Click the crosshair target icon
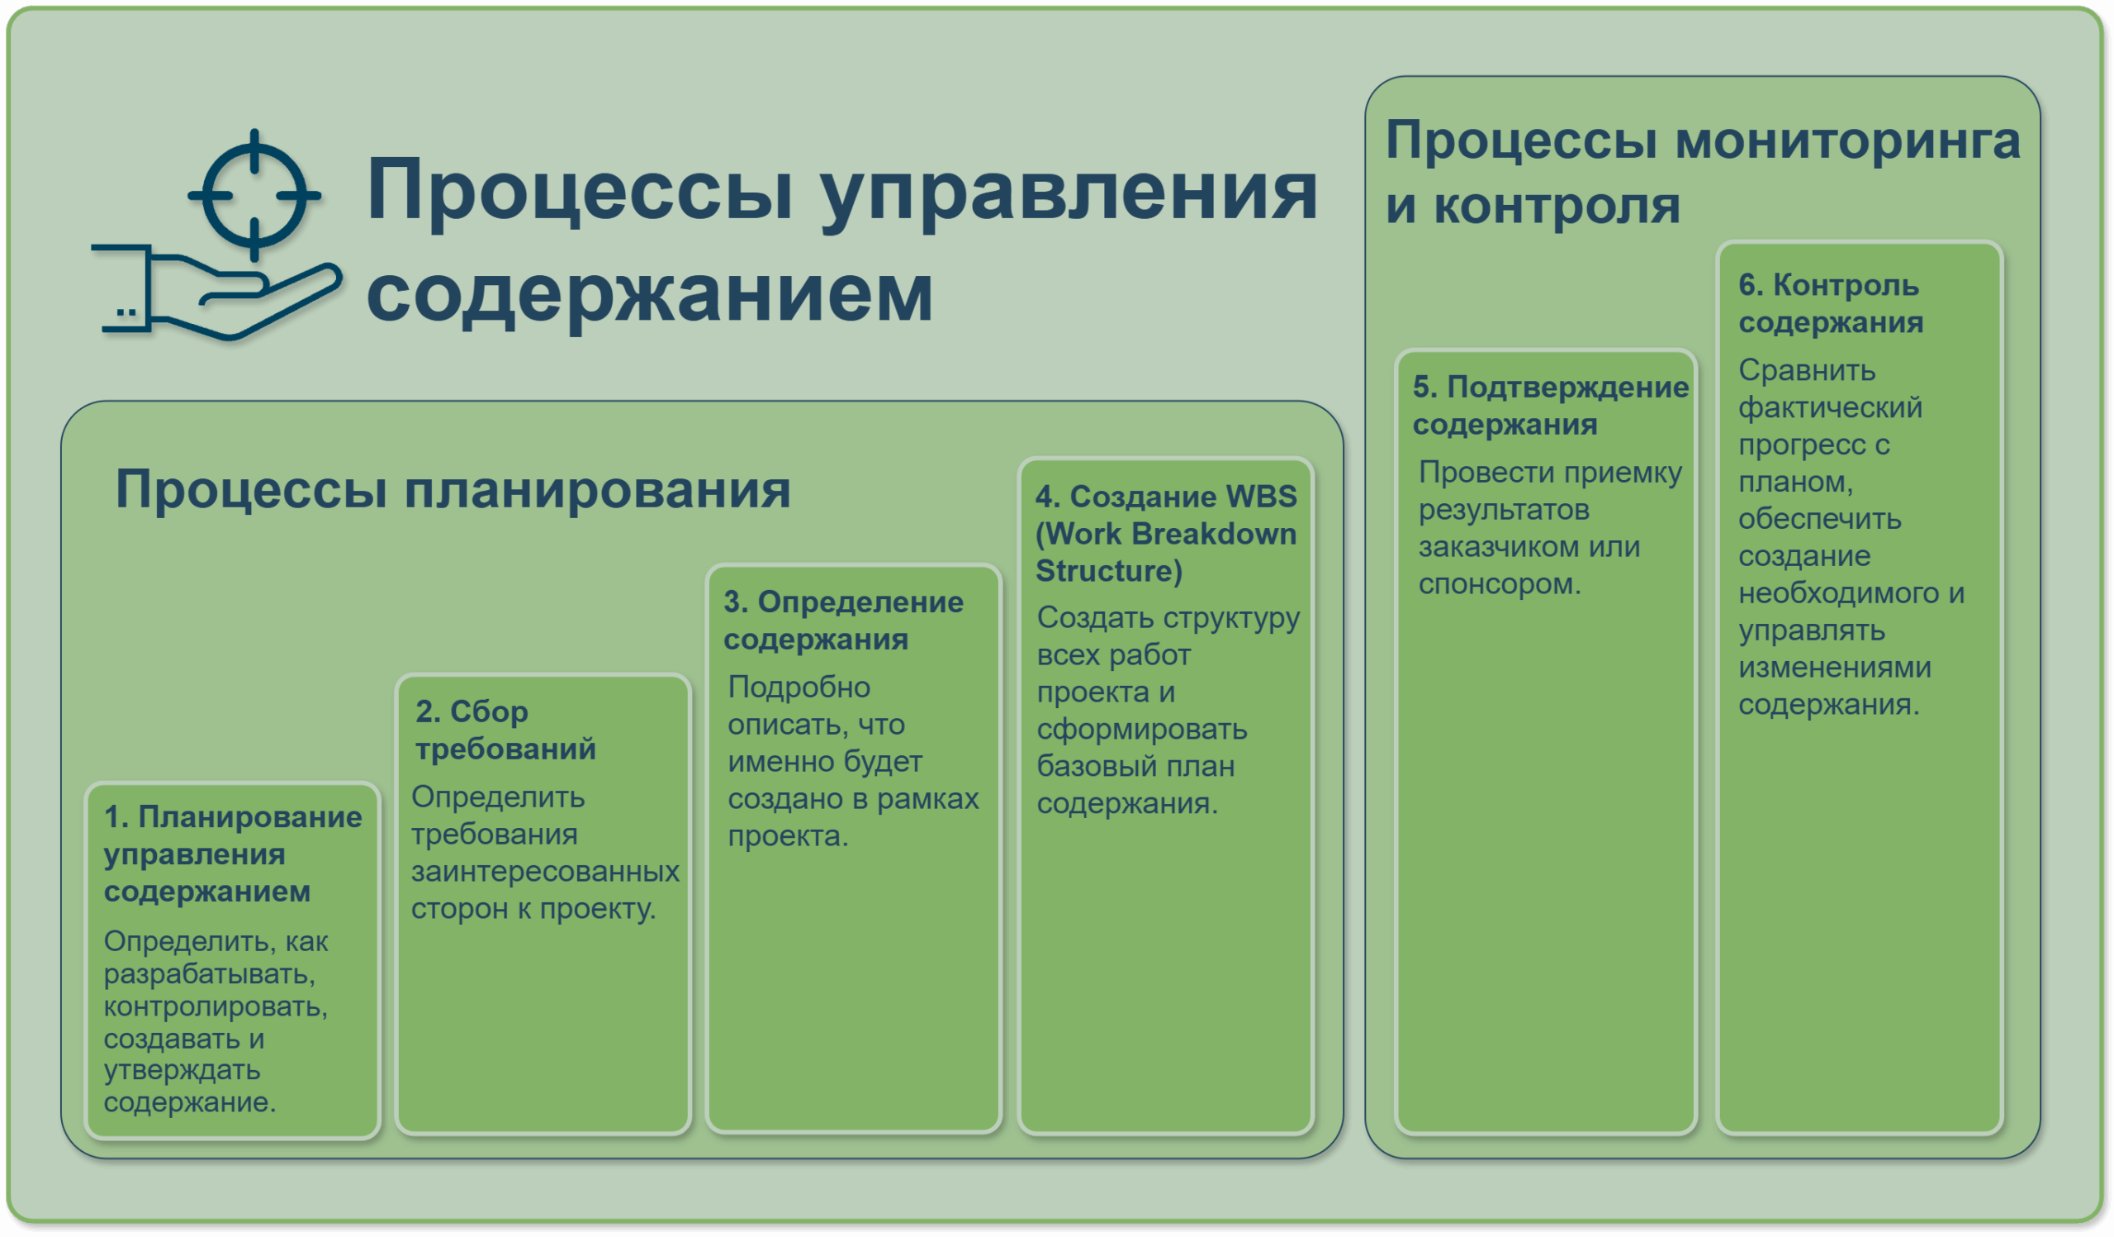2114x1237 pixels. click(x=254, y=195)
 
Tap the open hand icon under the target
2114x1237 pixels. click(x=216, y=293)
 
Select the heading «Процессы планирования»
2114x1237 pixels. click(x=453, y=489)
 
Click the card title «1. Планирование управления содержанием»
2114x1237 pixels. click(x=232, y=854)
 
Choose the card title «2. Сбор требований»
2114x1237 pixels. click(x=505, y=730)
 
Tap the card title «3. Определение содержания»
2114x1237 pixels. click(x=843, y=621)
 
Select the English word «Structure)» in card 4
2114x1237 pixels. click(x=1109, y=571)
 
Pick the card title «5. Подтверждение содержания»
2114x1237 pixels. click(x=1550, y=406)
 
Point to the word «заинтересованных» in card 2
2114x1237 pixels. click(x=545, y=871)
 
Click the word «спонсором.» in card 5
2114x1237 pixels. click(x=1500, y=584)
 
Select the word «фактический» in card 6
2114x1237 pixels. click(x=1831, y=408)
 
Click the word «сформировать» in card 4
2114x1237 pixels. click(x=1142, y=730)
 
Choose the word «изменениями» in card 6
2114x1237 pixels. click(x=1835, y=667)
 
